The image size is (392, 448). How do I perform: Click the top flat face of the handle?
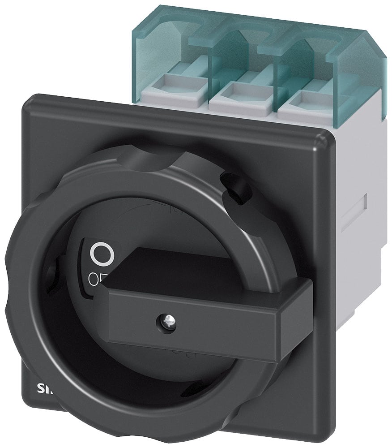coord(179,269)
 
